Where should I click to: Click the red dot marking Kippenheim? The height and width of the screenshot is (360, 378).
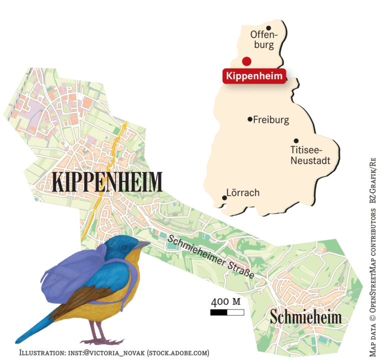[x=246, y=61]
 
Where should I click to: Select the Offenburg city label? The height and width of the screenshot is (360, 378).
[x=263, y=40]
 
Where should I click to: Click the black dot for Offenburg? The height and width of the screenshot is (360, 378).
[x=269, y=28]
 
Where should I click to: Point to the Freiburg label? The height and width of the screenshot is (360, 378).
[x=271, y=120]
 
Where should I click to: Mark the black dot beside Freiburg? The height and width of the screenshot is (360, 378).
[x=250, y=119]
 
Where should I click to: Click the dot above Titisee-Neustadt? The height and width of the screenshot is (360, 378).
[x=296, y=141]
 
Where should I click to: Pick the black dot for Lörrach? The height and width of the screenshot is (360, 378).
[x=224, y=198]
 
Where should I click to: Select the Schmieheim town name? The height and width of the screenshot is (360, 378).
[x=305, y=317]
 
